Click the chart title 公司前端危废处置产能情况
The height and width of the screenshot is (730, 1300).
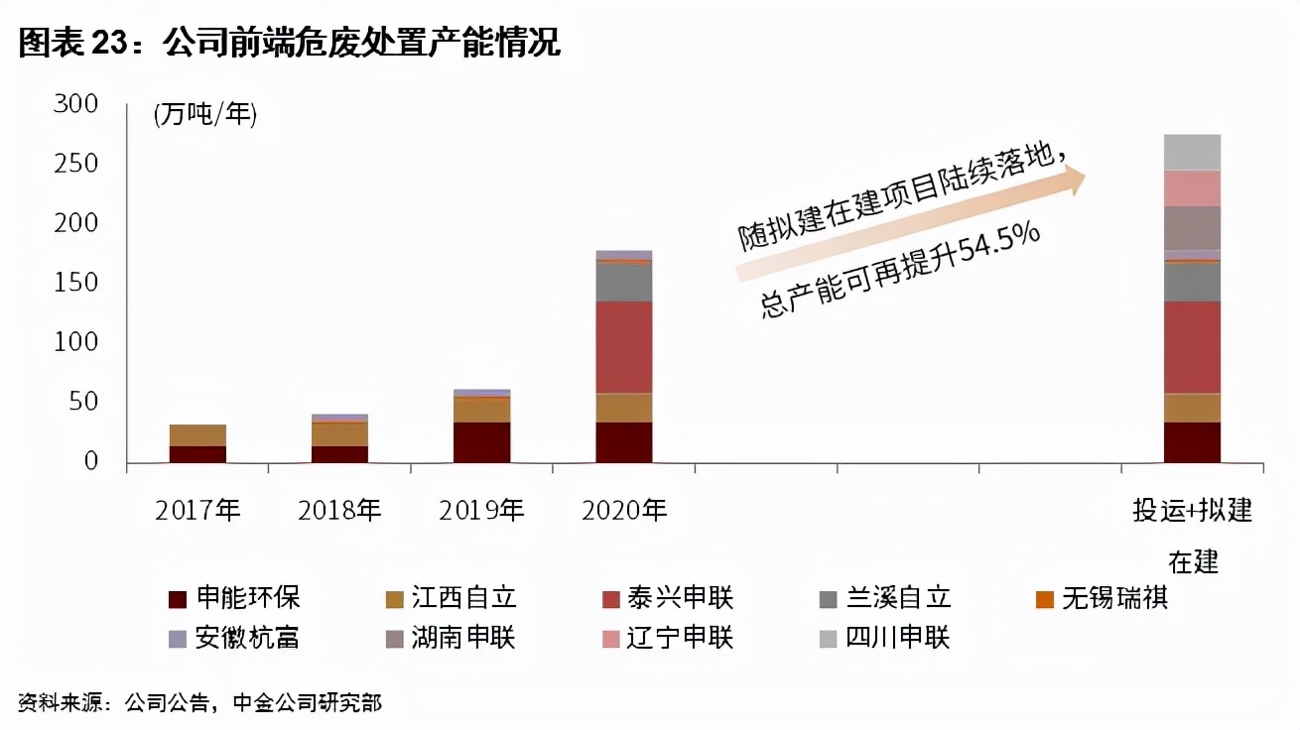[362, 43]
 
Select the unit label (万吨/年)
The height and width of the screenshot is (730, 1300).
[205, 115]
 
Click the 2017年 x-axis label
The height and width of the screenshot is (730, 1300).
[197, 511]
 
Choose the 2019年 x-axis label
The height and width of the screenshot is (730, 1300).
[481, 511]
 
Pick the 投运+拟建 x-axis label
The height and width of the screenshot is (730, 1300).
[1193, 512]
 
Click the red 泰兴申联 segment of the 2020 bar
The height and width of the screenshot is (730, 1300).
[624, 347]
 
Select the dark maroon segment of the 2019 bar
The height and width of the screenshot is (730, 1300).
[481, 442]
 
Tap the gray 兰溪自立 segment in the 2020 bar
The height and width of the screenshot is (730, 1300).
[624, 283]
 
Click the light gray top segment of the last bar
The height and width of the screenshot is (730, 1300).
[1192, 152]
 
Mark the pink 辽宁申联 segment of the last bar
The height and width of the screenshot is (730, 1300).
[1192, 188]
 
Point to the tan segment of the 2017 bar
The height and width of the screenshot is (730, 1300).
[197, 435]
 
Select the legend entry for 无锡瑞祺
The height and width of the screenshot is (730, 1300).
[1102, 598]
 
